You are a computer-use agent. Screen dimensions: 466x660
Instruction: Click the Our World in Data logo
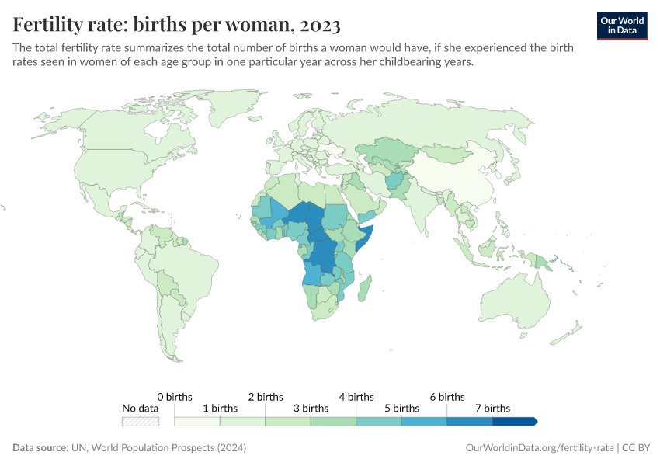pyautogui.click(x=622, y=25)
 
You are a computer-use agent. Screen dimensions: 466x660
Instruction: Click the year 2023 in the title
pyautogui.click(x=316, y=26)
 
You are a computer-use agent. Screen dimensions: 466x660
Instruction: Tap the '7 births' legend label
pyautogui.click(x=492, y=408)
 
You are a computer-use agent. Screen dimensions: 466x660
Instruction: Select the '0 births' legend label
pyautogui.click(x=174, y=397)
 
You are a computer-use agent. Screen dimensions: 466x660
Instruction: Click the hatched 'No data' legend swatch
pyautogui.click(x=141, y=421)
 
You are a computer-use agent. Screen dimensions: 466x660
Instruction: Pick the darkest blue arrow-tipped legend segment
pyautogui.click(x=514, y=421)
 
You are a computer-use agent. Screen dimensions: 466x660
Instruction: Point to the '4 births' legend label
pyautogui.click(x=356, y=397)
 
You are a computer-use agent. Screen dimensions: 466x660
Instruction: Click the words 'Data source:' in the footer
pyautogui.click(x=39, y=448)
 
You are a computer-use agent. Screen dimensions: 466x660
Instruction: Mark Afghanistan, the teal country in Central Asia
pyautogui.click(x=394, y=181)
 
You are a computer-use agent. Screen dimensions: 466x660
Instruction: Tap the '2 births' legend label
pyautogui.click(x=265, y=397)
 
